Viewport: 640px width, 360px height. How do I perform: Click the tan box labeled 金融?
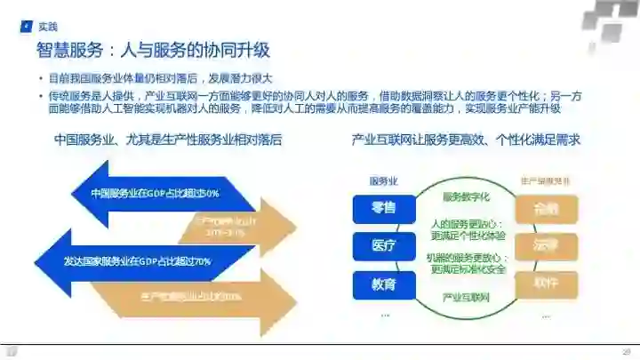[x=546, y=209]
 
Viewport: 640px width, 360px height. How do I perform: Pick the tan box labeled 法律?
[x=546, y=246]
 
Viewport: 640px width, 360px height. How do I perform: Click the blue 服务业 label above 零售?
[x=383, y=181]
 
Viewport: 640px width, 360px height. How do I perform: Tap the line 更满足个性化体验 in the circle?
[x=468, y=236]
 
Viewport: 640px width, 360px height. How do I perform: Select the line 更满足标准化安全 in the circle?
[x=468, y=268]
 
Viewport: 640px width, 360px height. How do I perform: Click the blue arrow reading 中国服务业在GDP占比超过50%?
[x=151, y=192]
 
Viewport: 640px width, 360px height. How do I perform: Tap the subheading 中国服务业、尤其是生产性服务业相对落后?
[x=167, y=140]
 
